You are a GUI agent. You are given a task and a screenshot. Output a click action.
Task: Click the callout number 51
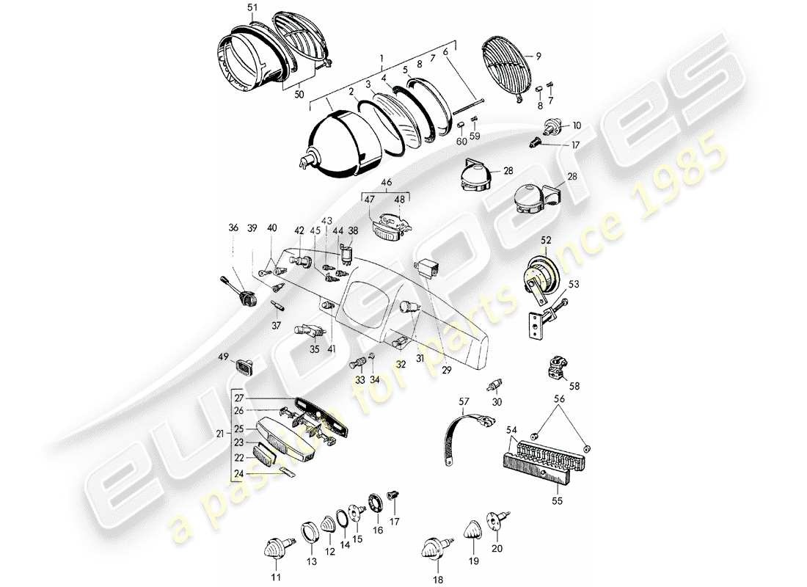pyautogui.click(x=233, y=7)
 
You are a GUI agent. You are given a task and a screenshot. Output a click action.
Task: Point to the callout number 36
pyautogui.click(x=233, y=228)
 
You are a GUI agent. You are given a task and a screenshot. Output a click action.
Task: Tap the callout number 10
pyautogui.click(x=576, y=125)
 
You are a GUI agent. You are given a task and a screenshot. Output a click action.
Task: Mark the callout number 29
pyautogui.click(x=447, y=371)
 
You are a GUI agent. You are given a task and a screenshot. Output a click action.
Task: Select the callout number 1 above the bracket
pyautogui.click(x=381, y=57)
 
